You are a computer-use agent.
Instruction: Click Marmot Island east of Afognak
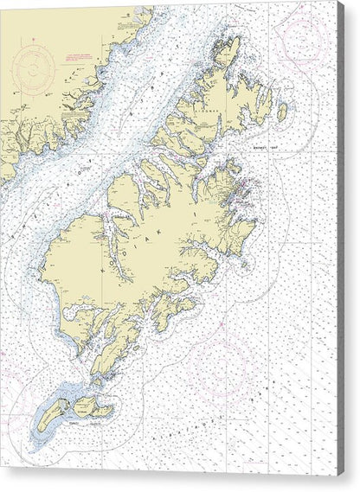[x=281, y=112]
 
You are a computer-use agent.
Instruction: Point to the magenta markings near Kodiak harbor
[x=246, y=182]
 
